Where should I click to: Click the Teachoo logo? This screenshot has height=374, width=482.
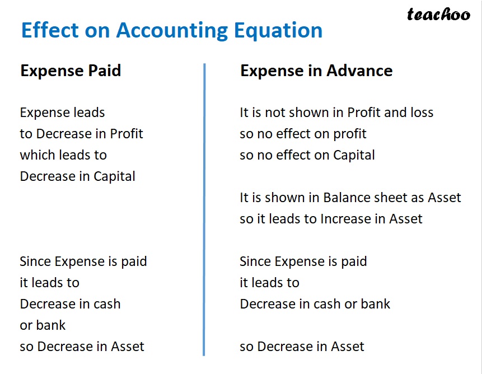click(438, 15)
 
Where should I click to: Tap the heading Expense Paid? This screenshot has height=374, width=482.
click(71, 71)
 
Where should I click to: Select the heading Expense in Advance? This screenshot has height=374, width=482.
click(316, 71)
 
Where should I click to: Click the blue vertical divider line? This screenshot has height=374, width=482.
click(204, 210)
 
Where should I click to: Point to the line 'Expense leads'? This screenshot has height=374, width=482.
click(62, 113)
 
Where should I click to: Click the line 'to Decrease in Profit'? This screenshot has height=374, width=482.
click(81, 134)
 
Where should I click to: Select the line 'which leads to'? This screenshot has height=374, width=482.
click(63, 155)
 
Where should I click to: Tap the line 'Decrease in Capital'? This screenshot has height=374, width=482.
click(77, 176)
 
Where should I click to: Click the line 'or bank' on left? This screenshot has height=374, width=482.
click(43, 325)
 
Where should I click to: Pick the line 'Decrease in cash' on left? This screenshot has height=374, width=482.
click(70, 304)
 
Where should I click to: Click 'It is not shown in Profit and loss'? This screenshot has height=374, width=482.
click(336, 113)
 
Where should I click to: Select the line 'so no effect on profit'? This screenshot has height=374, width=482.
click(303, 134)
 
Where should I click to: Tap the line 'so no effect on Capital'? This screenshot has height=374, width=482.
click(307, 155)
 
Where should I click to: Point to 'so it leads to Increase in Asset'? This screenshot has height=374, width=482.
click(331, 219)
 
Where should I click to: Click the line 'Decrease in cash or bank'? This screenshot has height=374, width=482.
click(315, 304)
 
